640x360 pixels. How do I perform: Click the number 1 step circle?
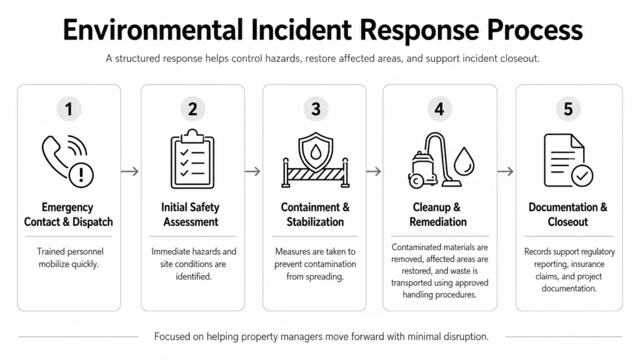pos(69,109)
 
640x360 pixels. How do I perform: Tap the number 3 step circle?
pos(316,109)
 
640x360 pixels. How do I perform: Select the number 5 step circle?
pos(568,109)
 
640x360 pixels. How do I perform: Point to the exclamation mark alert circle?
pos(81,175)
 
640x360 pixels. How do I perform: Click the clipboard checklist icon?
pos(192,159)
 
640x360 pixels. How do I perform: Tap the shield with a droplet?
pos(316,152)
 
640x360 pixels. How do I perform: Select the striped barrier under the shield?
pos(316,174)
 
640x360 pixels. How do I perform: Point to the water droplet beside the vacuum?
pos(464,161)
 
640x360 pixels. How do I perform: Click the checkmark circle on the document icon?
pos(582,176)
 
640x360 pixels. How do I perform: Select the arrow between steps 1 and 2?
pos(130,171)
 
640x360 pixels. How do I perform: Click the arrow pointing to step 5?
pos(505,171)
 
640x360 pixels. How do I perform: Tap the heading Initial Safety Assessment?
pos(191,214)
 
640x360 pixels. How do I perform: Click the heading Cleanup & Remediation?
pos(438,214)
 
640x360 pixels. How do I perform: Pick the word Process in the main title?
pos(535,30)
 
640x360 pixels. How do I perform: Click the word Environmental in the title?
pos(152,30)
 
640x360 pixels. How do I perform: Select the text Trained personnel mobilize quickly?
pos(69,258)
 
